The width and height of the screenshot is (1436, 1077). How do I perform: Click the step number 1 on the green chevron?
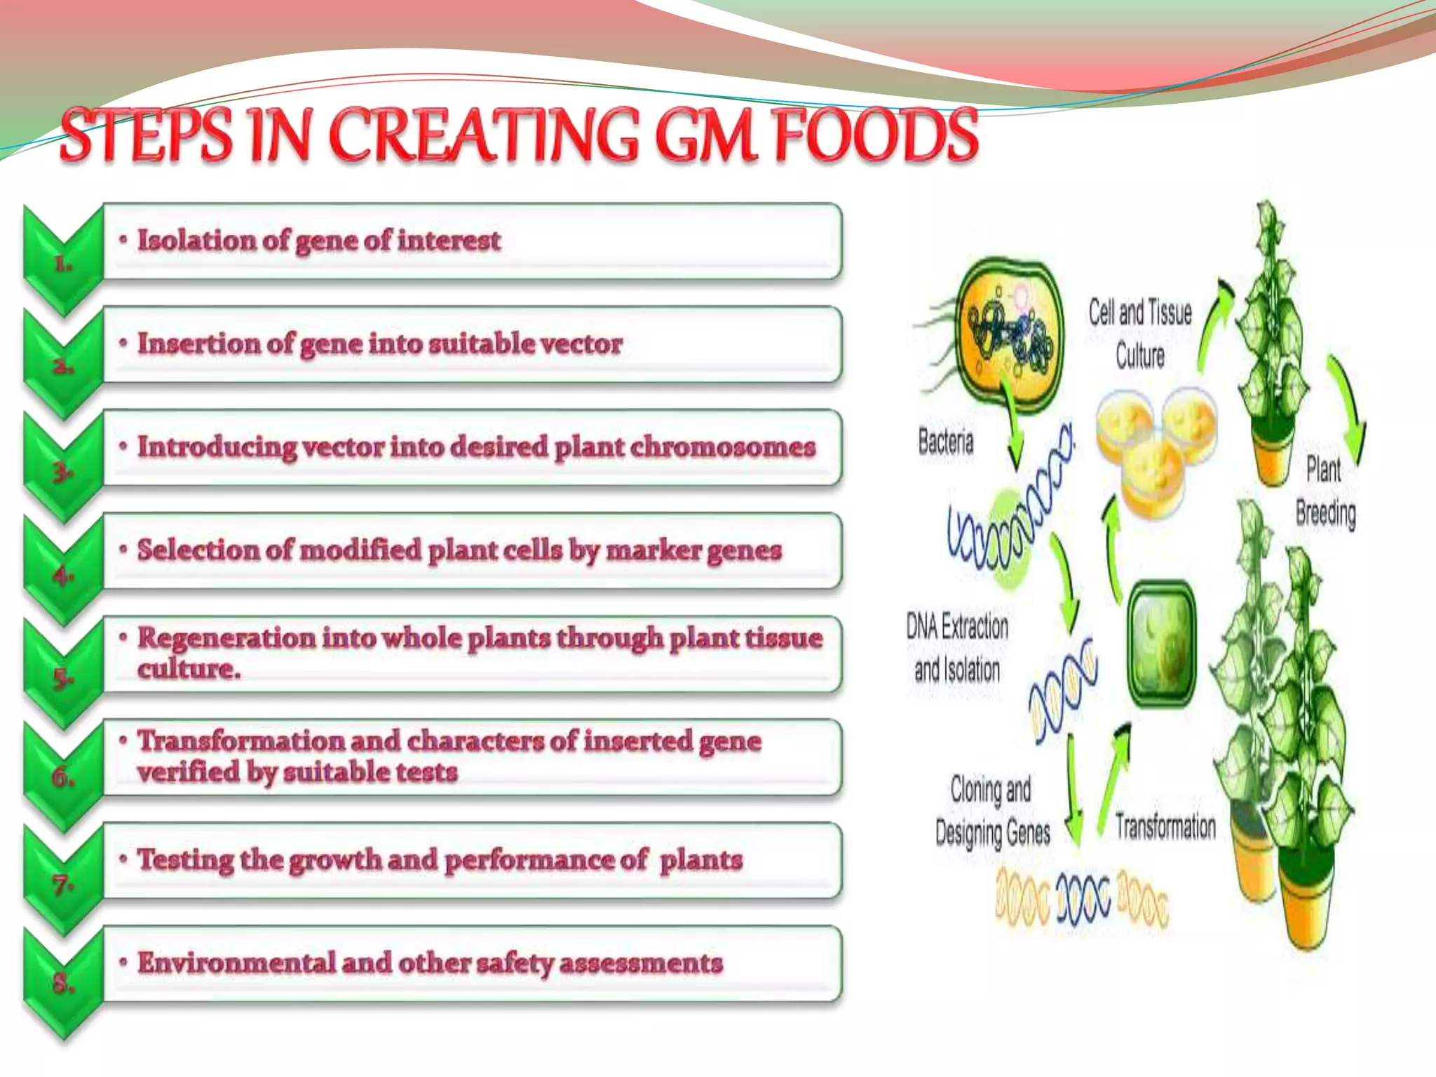tap(63, 264)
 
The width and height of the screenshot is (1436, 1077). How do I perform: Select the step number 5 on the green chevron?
tap(63, 677)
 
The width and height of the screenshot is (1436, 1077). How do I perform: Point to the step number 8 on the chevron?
tap(63, 983)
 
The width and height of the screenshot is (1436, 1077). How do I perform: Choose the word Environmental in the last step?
tap(236, 963)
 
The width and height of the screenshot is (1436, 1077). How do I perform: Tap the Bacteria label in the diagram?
tap(946, 442)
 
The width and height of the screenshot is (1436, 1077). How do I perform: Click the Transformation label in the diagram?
tap(1165, 826)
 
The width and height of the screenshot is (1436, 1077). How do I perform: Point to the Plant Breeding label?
tap(1325, 491)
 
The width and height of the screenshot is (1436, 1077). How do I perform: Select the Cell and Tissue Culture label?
tap(1140, 333)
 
